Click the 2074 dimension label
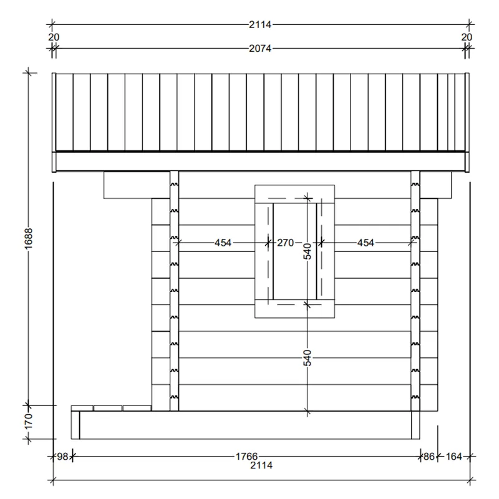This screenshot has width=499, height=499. point(260,49)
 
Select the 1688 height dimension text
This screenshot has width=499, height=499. point(29,239)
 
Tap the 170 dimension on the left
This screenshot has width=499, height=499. point(29,421)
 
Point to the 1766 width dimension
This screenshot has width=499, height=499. point(246,457)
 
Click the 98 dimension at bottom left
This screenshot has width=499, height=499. point(63,457)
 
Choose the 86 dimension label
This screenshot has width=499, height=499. point(429,457)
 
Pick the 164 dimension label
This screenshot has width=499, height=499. point(453,457)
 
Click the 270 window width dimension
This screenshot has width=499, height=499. point(285,243)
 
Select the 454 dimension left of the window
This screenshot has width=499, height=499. point(223,243)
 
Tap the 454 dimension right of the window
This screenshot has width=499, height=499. point(366,243)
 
